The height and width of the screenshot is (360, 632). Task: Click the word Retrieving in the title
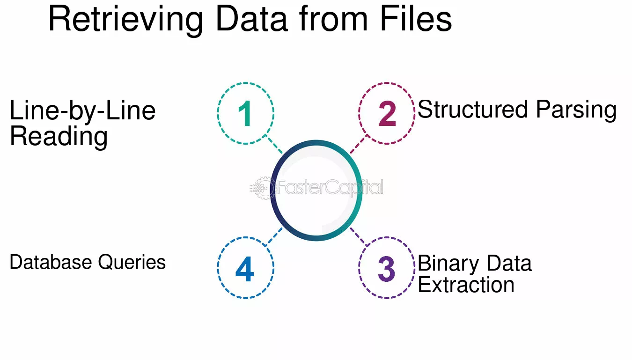tap(126, 20)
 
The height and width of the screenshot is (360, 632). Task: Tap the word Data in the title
tap(252, 19)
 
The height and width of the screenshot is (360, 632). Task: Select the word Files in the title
tap(416, 18)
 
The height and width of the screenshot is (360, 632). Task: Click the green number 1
tap(245, 113)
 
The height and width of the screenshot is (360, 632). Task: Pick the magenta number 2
tap(387, 113)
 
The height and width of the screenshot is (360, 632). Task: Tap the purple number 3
tap(386, 269)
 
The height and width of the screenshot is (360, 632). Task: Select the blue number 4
tap(245, 269)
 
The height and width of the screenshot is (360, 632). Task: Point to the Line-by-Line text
tap(82, 110)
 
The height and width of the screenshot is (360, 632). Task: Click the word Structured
tap(472, 109)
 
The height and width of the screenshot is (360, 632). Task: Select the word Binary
tap(448, 264)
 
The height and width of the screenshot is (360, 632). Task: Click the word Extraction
tap(466, 285)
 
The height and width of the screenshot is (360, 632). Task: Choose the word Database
tap(51, 262)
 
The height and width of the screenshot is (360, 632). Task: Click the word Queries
tap(132, 263)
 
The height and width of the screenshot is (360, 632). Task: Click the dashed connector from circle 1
tap(273, 144)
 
